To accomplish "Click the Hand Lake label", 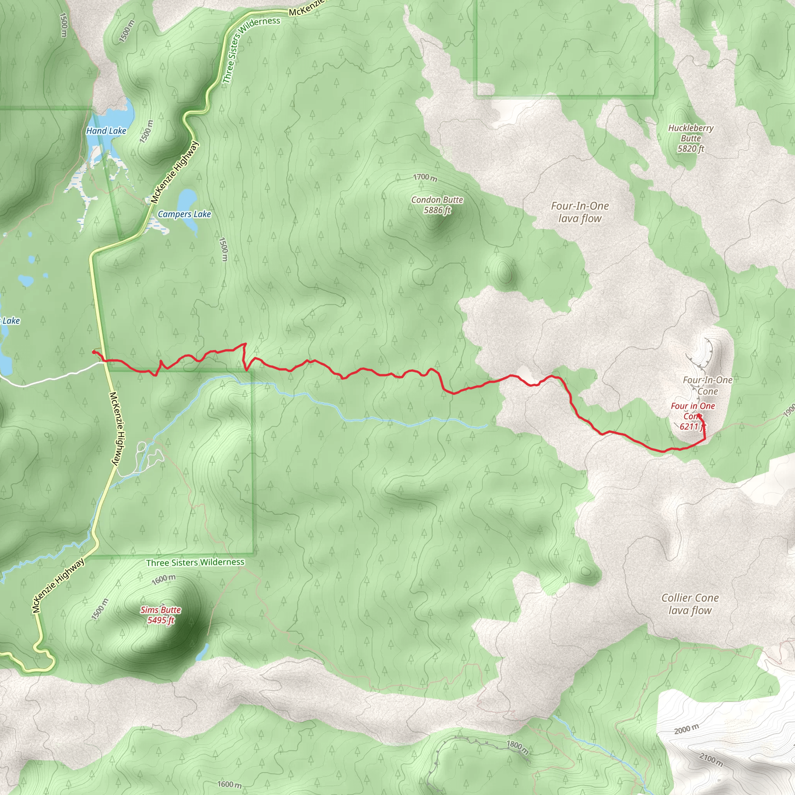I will (x=106, y=131).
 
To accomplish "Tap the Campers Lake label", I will (x=184, y=214).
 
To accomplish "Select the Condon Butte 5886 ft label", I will (x=437, y=205).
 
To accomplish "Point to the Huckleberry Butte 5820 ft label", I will (x=691, y=138).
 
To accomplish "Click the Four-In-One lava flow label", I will (x=580, y=212).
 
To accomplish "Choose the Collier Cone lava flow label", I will (x=690, y=604).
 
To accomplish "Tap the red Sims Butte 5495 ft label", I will (x=160, y=615).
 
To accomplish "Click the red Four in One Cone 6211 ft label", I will (x=693, y=416).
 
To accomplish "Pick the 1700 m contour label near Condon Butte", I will (x=425, y=177).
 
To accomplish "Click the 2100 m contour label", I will (x=711, y=759).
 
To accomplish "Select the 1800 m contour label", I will (x=517, y=746).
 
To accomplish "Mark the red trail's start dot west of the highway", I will (x=94, y=352).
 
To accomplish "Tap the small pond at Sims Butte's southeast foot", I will (x=203, y=652).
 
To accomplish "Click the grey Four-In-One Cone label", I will (x=707, y=385).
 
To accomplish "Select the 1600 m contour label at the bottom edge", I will (x=229, y=784).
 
